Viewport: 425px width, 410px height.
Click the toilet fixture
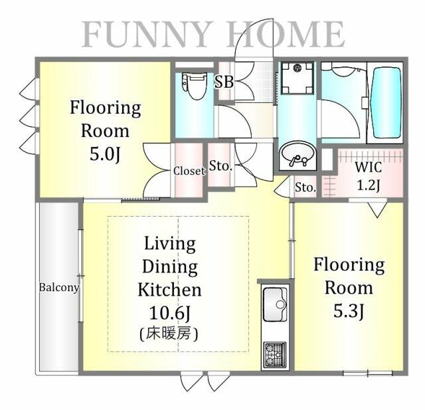point(195,86)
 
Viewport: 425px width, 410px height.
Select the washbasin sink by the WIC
point(297,155)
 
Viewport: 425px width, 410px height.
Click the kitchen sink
point(275,304)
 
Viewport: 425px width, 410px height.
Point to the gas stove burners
point(275,354)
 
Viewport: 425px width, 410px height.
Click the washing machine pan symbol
point(297,78)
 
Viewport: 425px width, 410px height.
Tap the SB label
point(224,81)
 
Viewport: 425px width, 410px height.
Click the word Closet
point(189,171)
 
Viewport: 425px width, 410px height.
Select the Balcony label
point(59,288)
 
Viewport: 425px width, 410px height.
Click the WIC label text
point(368,167)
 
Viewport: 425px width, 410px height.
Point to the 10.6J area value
point(170,313)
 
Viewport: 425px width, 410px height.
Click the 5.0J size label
point(105,154)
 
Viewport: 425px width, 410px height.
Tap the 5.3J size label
point(348,311)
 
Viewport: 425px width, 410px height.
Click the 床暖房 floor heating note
point(169,334)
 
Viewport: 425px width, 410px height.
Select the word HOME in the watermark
point(286,35)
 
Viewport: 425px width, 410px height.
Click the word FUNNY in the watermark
point(147,35)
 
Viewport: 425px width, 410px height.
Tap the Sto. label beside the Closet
point(221,165)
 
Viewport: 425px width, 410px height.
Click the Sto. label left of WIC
point(305,187)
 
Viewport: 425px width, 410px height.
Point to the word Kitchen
point(170,290)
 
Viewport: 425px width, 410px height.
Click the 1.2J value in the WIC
point(369,186)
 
